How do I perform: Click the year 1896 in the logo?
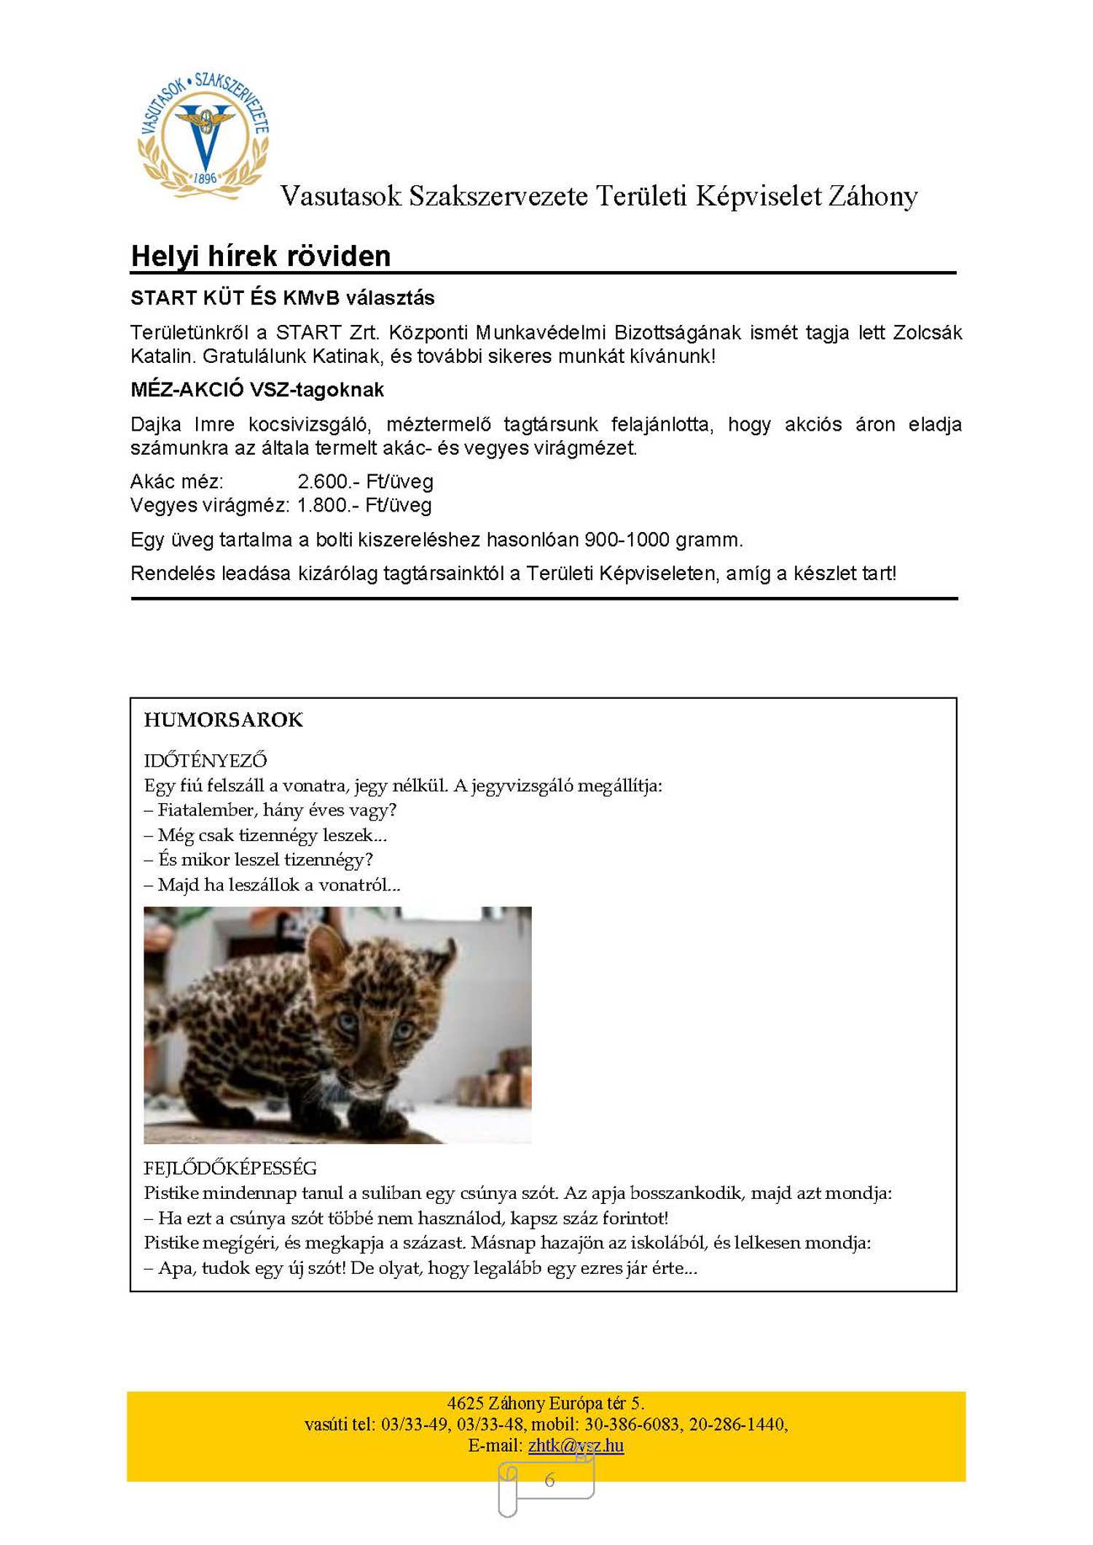coord(205,178)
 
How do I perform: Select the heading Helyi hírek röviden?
coord(261,256)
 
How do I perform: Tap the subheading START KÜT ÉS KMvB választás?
coord(282,297)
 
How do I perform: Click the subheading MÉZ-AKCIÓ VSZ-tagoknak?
coord(257,389)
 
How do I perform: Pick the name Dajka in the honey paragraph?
coord(156,424)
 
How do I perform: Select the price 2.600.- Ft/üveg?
coord(365,481)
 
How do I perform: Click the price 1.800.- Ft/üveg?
coord(364,505)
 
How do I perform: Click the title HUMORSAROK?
coord(223,719)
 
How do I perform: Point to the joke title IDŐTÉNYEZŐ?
coord(205,760)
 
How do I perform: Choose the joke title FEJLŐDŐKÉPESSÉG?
coord(230,1168)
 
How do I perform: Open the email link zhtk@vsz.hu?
coord(576,1444)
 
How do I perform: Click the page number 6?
coord(549,1479)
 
